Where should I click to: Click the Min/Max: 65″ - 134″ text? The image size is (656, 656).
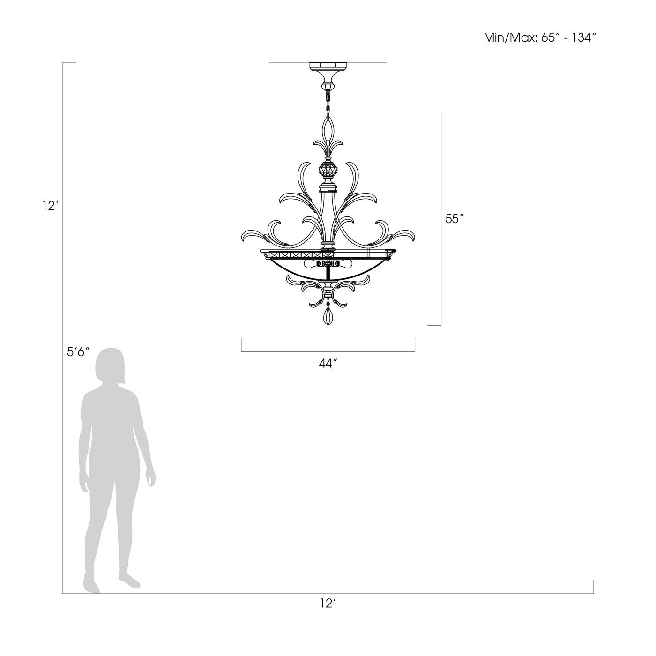[x=540, y=37]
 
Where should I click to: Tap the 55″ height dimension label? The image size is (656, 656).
[x=455, y=219]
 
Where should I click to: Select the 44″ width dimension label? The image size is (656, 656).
[x=328, y=364]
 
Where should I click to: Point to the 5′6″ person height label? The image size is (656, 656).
[x=78, y=352]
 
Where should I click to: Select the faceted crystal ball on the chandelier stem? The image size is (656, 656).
[x=328, y=171]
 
